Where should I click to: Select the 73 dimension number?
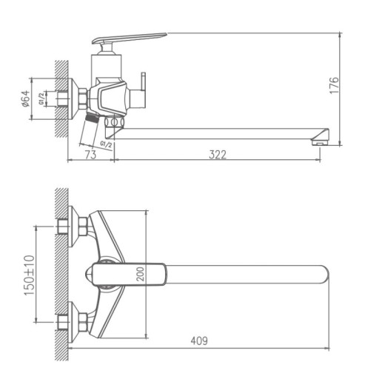coord(91,154)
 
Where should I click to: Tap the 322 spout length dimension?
coord(217,154)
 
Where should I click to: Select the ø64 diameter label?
coord(26,98)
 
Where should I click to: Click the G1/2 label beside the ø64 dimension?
coord(42,97)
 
